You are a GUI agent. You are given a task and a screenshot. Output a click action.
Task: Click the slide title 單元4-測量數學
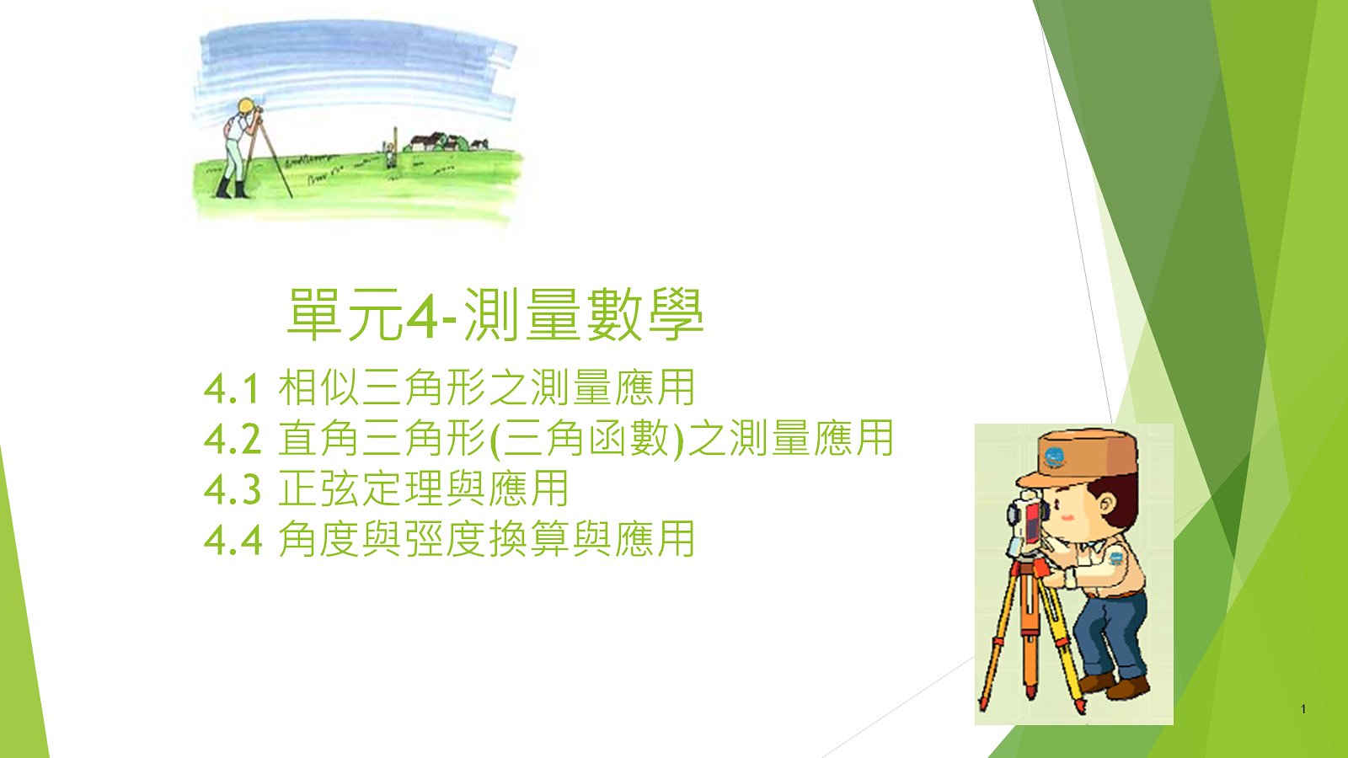(x=495, y=314)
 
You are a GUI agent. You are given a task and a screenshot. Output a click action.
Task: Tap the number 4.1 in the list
(x=232, y=388)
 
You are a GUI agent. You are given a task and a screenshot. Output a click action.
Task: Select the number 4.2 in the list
(x=233, y=439)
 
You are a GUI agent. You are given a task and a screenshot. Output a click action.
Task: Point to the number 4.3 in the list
(x=233, y=489)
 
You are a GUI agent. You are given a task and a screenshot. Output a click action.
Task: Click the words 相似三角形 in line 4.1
(x=382, y=387)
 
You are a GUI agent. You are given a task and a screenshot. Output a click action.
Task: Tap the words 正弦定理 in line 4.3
(x=361, y=488)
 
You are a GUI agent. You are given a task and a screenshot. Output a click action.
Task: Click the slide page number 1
(x=1303, y=709)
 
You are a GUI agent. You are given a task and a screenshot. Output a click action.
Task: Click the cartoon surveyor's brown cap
(x=1078, y=457)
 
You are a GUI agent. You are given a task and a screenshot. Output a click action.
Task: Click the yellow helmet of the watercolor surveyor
(x=245, y=106)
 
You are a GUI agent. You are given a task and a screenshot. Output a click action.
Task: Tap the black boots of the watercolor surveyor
(x=233, y=189)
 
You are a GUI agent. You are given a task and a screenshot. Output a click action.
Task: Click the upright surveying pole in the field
(x=395, y=147)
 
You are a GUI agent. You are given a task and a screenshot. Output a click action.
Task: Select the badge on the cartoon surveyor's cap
(x=1054, y=457)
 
